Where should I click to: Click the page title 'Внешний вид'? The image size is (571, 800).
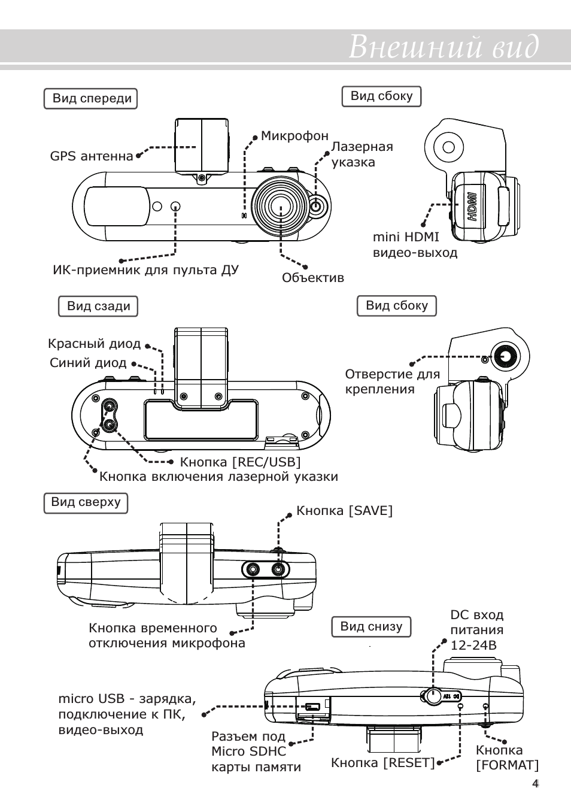pos(444,47)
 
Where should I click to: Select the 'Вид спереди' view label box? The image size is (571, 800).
pos(91,99)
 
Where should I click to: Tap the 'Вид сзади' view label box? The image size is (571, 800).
pos(98,306)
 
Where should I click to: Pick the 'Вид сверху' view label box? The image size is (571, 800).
pos(86,502)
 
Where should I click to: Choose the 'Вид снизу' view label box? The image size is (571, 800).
pos(371,626)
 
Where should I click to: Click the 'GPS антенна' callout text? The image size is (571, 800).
pos(91,156)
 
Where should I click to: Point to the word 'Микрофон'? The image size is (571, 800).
pos(294,136)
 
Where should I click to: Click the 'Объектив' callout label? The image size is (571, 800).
pos(313,278)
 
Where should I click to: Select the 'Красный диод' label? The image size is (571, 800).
pos(94,344)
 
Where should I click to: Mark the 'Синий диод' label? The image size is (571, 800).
pos(88,363)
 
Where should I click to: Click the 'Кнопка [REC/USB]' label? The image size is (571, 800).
pos(240,462)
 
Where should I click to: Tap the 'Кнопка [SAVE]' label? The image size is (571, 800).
pos(344,511)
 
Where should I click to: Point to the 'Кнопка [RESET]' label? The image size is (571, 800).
pos(382,763)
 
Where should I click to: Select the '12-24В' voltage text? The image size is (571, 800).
pos(473,646)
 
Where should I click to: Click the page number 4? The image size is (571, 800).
pos(535,784)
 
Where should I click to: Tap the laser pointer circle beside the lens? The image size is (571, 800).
pos(317,207)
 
